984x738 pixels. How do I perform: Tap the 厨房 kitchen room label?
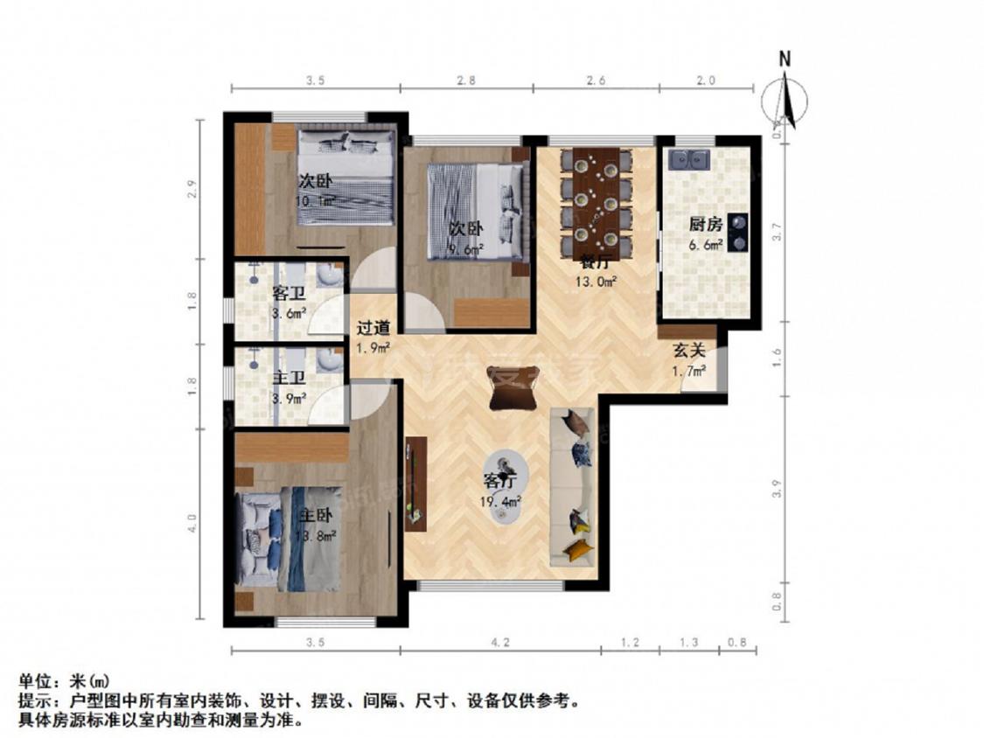(x=705, y=224)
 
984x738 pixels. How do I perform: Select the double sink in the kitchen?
(x=689, y=160)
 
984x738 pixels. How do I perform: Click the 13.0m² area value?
(x=598, y=282)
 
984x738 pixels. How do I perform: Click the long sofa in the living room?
(x=573, y=486)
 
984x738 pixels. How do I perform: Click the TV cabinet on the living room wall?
(x=414, y=484)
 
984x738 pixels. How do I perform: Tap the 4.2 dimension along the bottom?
(x=500, y=643)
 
